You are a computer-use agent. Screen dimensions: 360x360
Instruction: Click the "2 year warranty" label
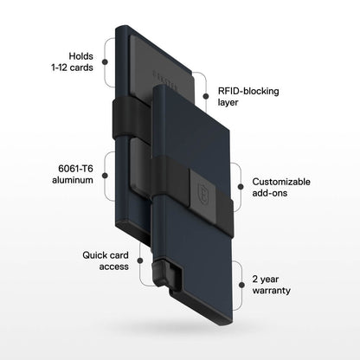point(270,286)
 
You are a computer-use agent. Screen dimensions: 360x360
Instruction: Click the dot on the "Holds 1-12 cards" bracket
point(106,61)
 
